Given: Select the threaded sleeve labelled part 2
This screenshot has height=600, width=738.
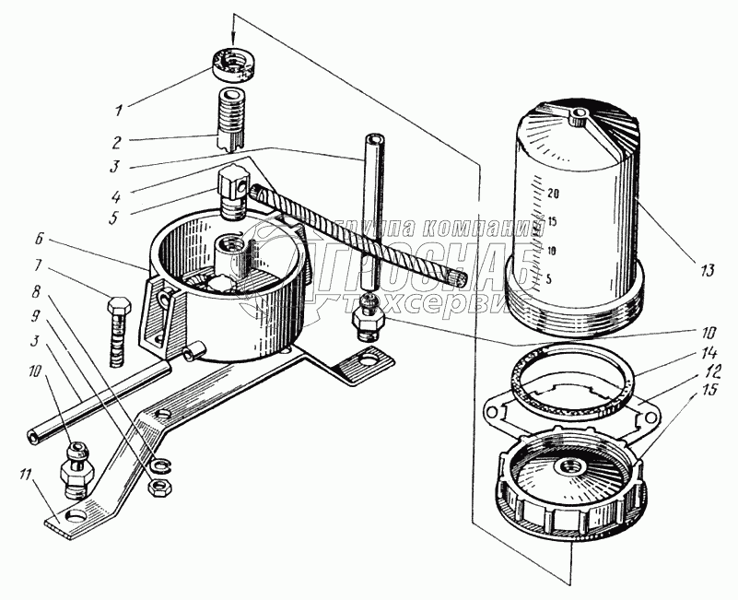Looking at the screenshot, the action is pyautogui.click(x=231, y=120).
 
